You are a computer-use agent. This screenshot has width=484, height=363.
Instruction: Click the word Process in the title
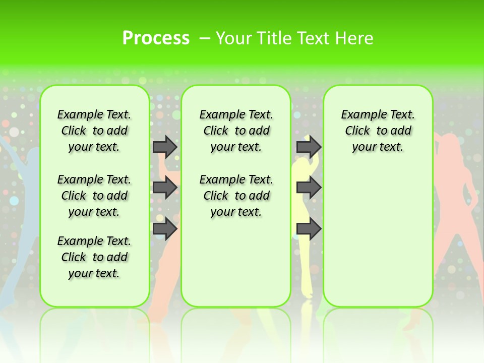156,38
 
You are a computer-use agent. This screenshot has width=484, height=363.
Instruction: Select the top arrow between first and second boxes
164,147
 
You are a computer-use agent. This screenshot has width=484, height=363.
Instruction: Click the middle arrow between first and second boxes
164,188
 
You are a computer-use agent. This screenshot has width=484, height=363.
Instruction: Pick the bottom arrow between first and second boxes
164,229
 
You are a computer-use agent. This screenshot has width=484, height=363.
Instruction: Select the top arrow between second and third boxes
309,147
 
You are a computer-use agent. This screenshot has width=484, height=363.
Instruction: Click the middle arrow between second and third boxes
309,188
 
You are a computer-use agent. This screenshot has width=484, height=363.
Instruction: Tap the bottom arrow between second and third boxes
309,229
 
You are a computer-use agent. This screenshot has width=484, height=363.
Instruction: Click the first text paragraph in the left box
94,131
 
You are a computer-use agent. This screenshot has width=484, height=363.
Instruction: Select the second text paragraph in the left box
94,196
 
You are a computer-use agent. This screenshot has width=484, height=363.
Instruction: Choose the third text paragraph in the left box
94,257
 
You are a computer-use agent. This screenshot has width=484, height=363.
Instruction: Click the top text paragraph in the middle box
236,131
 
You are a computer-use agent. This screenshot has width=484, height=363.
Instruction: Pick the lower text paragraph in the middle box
236,196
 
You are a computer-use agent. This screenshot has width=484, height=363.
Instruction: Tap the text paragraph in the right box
378,131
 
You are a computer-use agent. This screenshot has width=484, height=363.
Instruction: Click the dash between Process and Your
205,38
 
